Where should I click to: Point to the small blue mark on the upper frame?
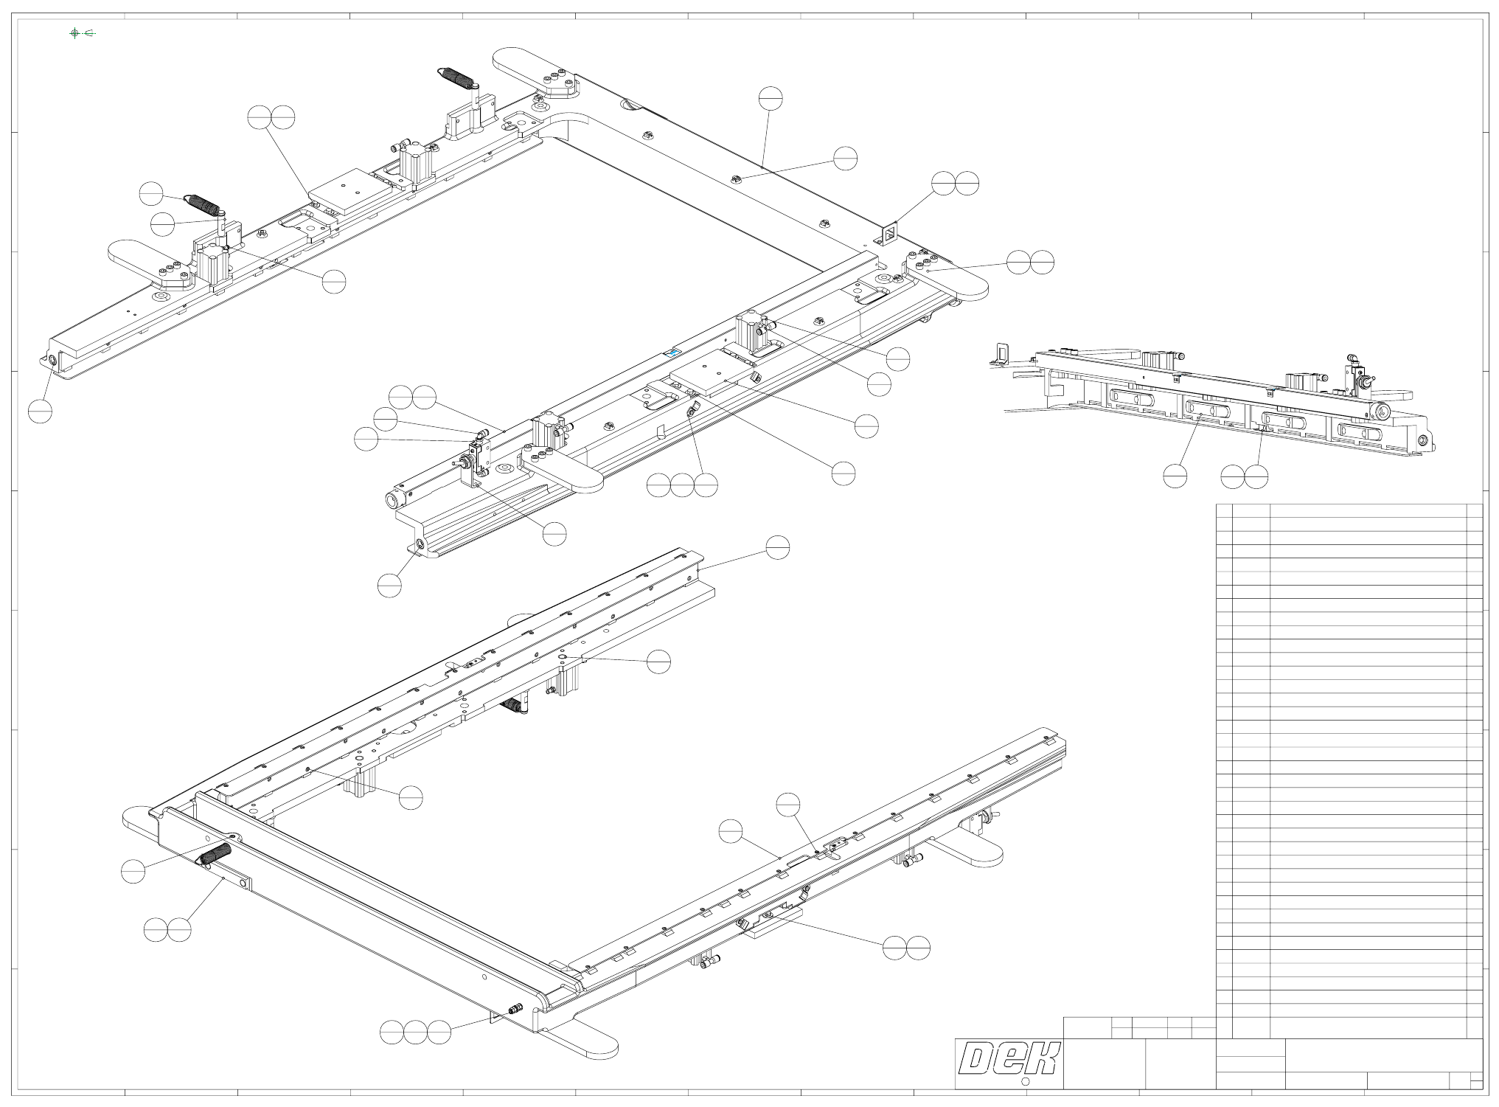point(671,353)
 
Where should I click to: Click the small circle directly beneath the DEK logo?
point(1024,1082)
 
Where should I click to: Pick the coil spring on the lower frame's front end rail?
point(213,856)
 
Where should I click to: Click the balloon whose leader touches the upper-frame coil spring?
point(151,193)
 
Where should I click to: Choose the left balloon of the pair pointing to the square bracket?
point(943,184)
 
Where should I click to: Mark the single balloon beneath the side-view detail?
point(1175,476)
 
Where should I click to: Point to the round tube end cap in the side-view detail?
point(1382,412)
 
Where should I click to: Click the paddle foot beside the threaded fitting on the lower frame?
point(586,1038)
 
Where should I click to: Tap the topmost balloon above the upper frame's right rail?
point(770,98)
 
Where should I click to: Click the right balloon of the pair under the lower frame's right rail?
point(918,948)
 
